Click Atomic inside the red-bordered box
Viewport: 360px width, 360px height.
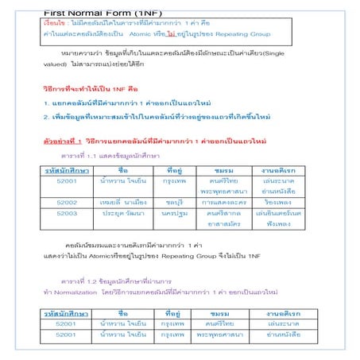pyautogui.click(x=161, y=36)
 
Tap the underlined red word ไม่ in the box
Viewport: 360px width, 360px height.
pyautogui.click(x=193, y=36)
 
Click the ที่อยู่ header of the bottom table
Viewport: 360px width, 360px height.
pyautogui.click(x=175, y=312)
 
